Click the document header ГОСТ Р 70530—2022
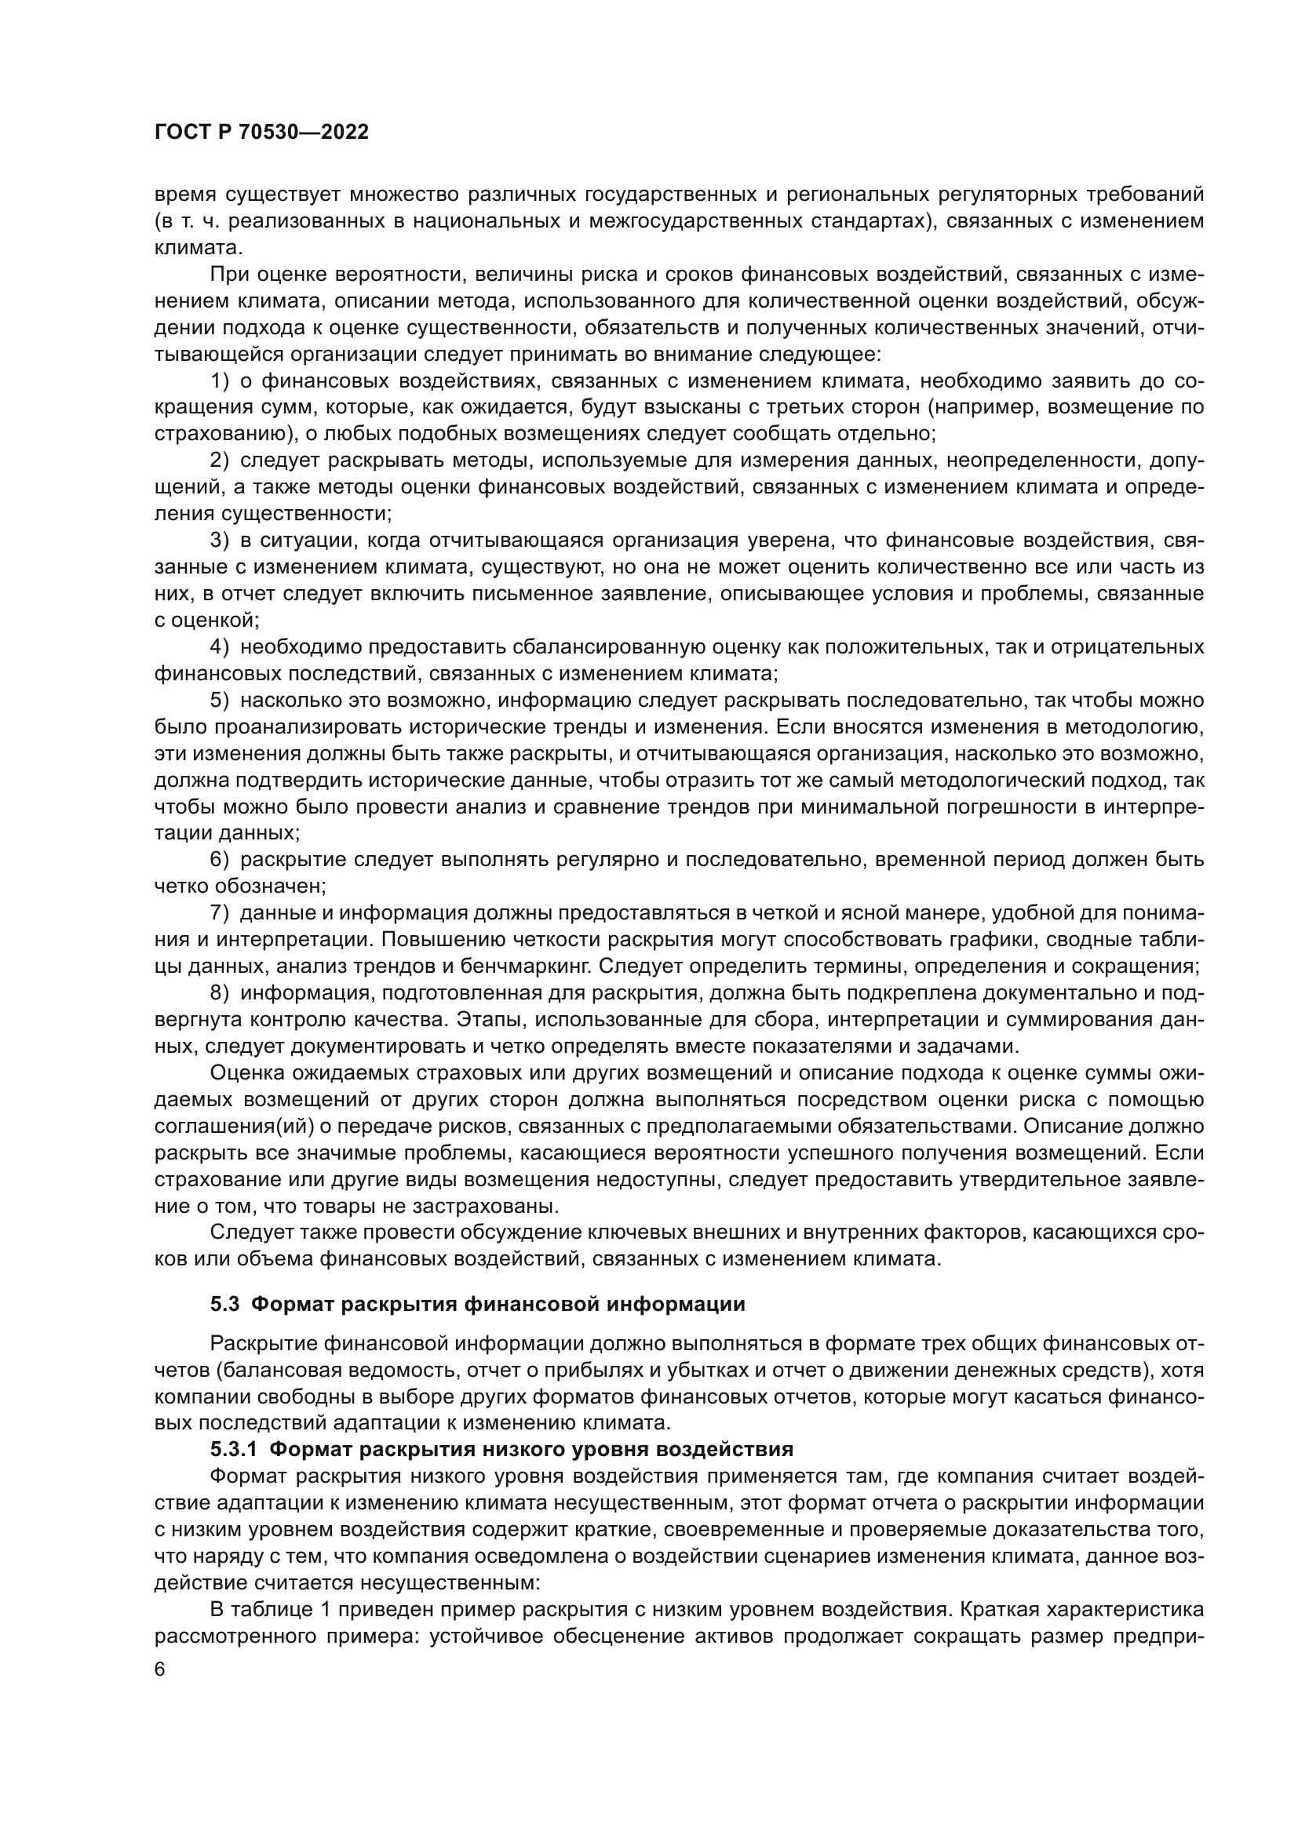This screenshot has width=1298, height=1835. tap(261, 133)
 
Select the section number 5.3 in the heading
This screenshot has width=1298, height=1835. tap(224, 1305)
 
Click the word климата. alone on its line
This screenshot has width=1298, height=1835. tap(198, 248)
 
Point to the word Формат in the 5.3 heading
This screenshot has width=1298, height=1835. tap(291, 1305)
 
